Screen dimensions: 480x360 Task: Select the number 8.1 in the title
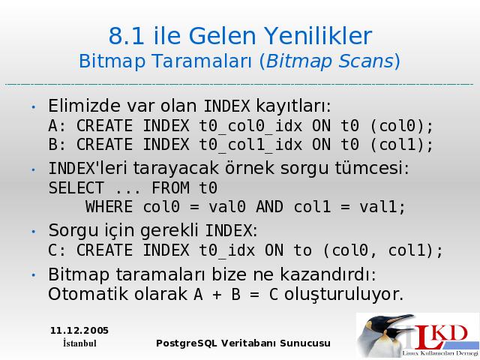(126, 36)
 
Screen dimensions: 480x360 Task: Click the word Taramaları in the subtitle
(202, 61)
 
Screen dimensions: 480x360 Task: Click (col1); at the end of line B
(401, 145)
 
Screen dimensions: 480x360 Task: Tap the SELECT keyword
(76, 188)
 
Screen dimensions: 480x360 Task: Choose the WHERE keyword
(109, 207)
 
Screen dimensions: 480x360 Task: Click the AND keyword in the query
(269, 207)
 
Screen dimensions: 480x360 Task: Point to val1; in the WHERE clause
(382, 207)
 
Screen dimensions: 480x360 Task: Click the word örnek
(250, 168)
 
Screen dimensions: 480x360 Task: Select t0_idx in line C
(226, 250)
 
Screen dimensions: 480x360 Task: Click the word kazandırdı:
(328, 274)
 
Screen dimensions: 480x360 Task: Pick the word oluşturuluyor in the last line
(341, 295)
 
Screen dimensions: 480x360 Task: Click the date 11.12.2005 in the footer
(79, 331)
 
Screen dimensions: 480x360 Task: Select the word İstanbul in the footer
(79, 343)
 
